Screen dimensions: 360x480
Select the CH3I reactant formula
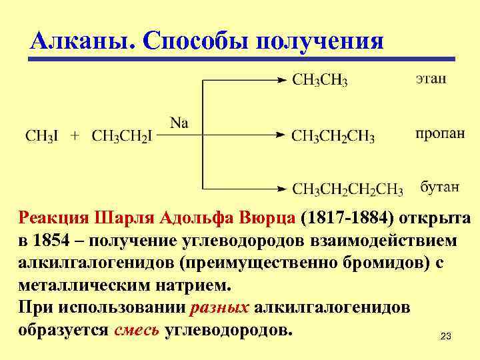[41, 136]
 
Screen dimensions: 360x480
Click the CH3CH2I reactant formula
[122, 136]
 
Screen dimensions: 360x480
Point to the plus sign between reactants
[75, 136]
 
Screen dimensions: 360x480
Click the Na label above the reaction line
[179, 122]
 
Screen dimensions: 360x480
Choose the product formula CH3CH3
[319, 81]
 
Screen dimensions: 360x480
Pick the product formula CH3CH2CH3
[333, 137]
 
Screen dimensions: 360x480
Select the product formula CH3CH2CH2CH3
[347, 189]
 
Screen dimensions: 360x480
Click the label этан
[431, 79]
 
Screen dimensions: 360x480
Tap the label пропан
[440, 134]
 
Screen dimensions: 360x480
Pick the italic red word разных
[220, 308]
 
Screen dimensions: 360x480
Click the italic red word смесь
[136, 329]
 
